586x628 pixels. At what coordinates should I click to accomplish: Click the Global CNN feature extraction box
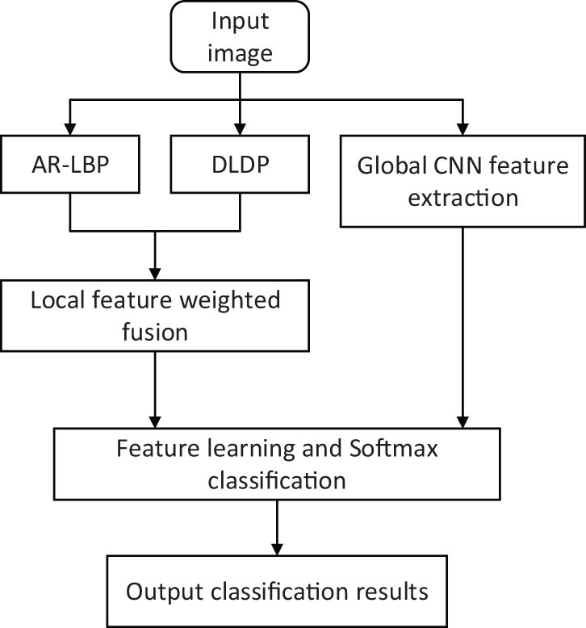click(x=462, y=178)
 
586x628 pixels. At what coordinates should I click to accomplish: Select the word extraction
click(x=462, y=196)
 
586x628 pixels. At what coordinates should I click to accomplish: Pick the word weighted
click(x=243, y=300)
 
